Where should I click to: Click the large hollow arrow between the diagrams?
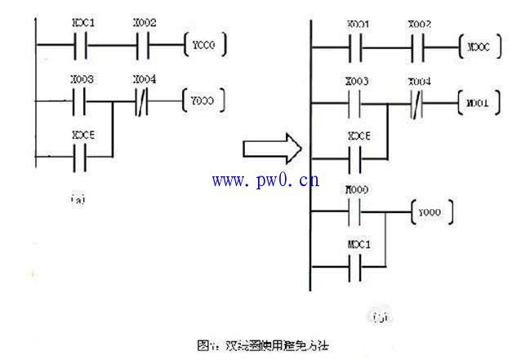coord(272,149)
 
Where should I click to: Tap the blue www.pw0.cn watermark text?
coord(266,180)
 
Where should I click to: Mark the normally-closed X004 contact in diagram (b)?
coord(418,104)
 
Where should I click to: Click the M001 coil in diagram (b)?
coord(479,104)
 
